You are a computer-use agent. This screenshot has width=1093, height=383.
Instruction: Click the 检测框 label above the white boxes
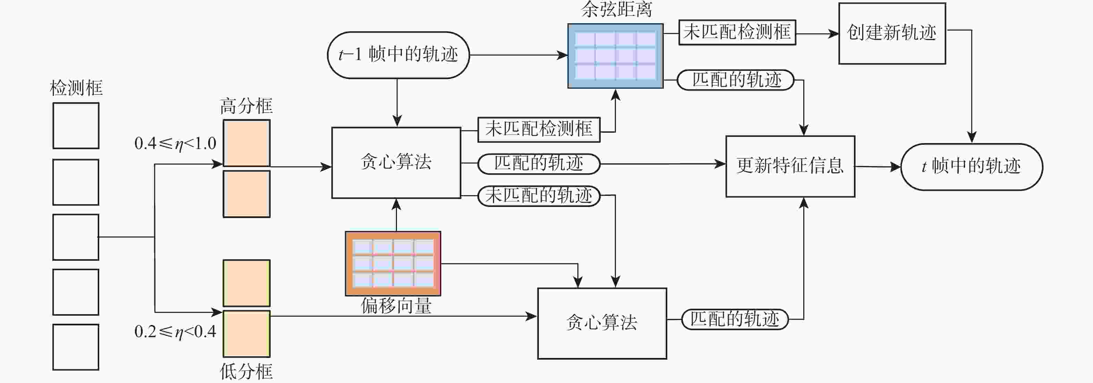coord(76,88)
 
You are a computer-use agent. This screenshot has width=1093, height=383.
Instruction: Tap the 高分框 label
coord(246,106)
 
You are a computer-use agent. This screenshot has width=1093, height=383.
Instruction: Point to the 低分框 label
coord(246,372)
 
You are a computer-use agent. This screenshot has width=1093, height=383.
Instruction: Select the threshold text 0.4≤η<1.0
coord(175,143)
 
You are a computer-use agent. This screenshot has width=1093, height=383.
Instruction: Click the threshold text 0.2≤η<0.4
coord(175,332)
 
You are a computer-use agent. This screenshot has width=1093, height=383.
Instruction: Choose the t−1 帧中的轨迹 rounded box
coord(398,55)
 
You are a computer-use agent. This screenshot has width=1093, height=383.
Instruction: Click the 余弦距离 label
coord(616,9)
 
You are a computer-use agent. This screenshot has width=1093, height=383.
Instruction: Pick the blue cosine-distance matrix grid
coord(615,56)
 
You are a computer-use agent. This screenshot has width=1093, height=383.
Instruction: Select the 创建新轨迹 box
coord(892,33)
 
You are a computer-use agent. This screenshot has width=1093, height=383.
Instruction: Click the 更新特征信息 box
coord(790,166)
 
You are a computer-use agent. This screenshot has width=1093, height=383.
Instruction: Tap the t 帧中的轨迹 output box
coord(971,166)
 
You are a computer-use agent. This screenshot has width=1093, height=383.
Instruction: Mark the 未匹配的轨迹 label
coord(539,196)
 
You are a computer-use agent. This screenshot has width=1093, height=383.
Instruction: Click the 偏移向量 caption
coord(396,306)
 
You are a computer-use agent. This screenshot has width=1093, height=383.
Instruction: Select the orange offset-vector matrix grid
coord(393,263)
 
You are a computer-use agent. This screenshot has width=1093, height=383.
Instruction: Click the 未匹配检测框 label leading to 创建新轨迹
coord(737,32)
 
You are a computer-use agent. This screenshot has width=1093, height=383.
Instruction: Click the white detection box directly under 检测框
coord(76,126)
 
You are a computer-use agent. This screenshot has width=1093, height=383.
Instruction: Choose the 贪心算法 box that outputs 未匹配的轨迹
coord(396,163)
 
